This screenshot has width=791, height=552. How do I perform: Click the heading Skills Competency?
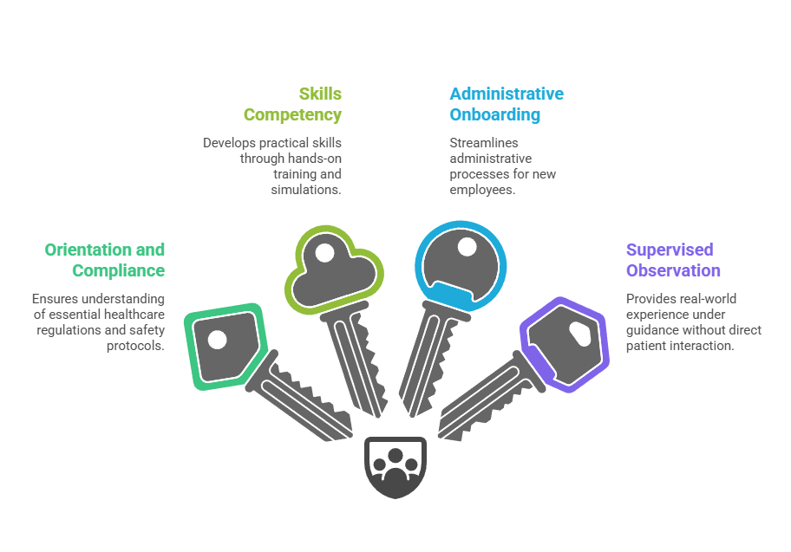click(x=292, y=104)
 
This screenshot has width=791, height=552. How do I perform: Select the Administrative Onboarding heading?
click(x=506, y=104)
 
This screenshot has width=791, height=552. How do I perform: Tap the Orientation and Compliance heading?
click(x=105, y=260)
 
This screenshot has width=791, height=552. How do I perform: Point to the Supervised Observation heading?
click(x=673, y=260)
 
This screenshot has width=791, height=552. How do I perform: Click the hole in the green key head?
click(x=217, y=339)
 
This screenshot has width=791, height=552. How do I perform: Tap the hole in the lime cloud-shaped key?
click(x=324, y=254)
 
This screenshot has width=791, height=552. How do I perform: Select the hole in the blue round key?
click(x=467, y=247)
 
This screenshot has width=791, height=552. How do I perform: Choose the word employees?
click(x=482, y=189)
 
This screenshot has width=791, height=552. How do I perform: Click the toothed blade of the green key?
click(x=308, y=399)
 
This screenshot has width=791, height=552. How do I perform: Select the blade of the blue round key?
click(x=425, y=364)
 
